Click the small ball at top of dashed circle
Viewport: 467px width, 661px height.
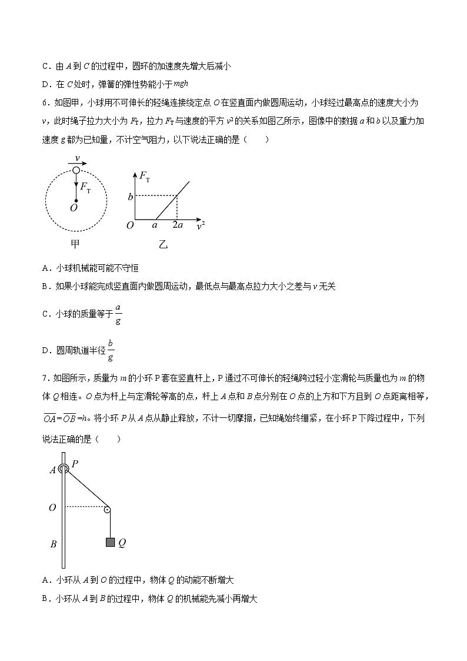coord(76,170)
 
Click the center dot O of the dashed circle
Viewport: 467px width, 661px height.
coord(76,201)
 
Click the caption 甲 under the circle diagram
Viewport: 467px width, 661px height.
coord(75,244)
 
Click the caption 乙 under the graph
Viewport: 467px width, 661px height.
coord(163,244)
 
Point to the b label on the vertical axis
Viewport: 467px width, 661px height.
coord(130,196)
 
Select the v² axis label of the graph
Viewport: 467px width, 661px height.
coord(201,225)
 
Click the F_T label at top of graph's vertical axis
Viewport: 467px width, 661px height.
coord(145,175)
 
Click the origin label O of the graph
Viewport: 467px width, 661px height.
coord(130,225)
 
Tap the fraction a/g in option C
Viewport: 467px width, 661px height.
coord(118,314)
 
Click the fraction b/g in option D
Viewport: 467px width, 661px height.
coord(111,350)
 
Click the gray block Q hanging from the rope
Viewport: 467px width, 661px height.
coord(110,542)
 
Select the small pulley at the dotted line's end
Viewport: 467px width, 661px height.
coord(108,509)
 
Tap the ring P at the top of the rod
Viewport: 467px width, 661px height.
coord(64,469)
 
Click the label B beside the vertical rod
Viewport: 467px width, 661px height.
coord(54,544)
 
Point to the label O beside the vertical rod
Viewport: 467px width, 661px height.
coord(53,507)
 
